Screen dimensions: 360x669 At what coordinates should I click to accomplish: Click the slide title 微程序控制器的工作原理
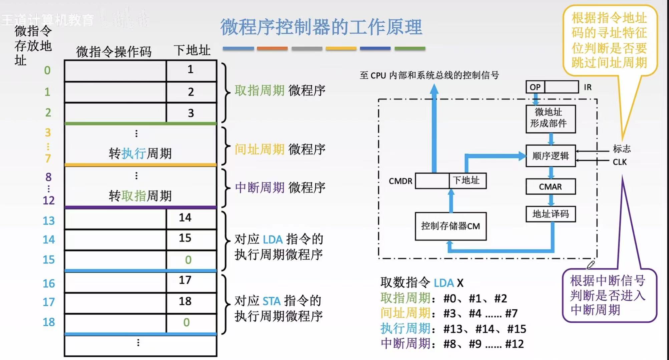pyautogui.click(x=321, y=27)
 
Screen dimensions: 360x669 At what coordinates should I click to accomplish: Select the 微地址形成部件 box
pyautogui.click(x=551, y=119)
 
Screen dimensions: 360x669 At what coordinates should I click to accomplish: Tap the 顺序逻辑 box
pyautogui.click(x=551, y=155)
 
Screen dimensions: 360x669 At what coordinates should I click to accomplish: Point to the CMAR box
pyautogui.click(x=551, y=187)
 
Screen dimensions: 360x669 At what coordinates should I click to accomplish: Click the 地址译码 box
pyautogui.click(x=551, y=214)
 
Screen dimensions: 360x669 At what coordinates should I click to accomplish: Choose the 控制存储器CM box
pyautogui.click(x=450, y=226)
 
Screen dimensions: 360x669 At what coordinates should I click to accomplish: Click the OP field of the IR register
pyautogui.click(x=535, y=87)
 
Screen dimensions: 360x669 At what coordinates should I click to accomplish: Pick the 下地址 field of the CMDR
pyautogui.click(x=467, y=181)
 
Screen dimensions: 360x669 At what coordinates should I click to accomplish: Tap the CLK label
pyautogui.click(x=620, y=162)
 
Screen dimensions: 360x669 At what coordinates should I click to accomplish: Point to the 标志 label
pyautogui.click(x=622, y=148)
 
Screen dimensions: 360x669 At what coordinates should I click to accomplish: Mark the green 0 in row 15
pyautogui.click(x=188, y=260)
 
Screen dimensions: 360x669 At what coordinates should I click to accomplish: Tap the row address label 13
pyautogui.click(x=49, y=221)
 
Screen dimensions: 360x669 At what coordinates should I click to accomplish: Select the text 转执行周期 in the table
pyautogui.click(x=140, y=153)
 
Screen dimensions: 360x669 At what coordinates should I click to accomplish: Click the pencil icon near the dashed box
pyautogui.click(x=591, y=265)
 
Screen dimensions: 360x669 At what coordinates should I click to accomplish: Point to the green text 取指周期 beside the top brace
pyautogui.click(x=259, y=90)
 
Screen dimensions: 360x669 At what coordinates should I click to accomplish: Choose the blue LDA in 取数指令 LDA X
pyautogui.click(x=443, y=283)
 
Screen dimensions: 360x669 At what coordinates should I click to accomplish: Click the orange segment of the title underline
pyautogui.click(x=272, y=48)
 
